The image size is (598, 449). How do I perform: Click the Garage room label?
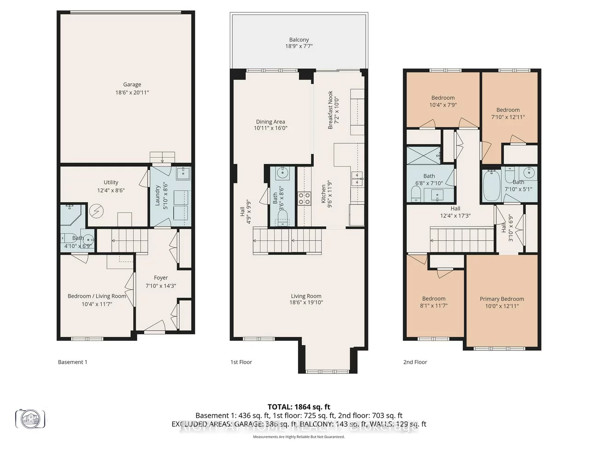point(132,85)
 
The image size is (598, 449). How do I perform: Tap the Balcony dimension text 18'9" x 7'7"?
point(299,47)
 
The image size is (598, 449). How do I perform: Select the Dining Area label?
point(270,122)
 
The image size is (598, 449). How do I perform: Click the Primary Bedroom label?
point(502,299)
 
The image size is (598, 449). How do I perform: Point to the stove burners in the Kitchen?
point(304,198)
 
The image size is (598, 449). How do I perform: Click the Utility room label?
point(111,182)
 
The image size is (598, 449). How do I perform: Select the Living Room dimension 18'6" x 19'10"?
point(306,303)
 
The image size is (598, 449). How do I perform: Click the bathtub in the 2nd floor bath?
point(492,185)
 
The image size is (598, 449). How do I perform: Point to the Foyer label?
point(161,278)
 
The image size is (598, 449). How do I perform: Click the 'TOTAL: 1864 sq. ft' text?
point(299,407)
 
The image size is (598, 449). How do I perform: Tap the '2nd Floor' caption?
point(415,362)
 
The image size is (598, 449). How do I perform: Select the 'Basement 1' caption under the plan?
point(73,362)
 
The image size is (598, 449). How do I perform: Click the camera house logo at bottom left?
point(30,419)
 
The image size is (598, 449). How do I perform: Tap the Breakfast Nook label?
point(330,110)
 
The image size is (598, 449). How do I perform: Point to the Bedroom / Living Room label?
point(97,296)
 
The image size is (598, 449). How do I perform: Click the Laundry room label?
point(158,196)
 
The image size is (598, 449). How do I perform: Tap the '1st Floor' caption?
point(241,362)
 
